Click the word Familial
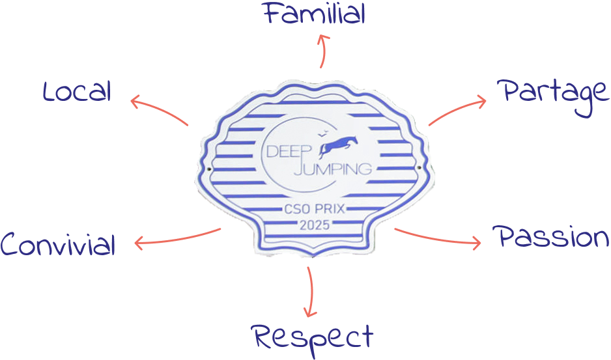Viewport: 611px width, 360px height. click(314, 13)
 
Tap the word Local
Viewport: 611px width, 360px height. click(77, 92)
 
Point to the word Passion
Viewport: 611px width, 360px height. click(550, 236)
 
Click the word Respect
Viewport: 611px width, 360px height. click(313, 338)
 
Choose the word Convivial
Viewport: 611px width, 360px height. click(58, 244)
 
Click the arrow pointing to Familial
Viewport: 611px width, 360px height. click(322, 51)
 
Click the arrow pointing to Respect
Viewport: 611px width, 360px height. click(311, 292)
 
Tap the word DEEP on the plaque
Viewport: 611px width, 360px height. click(289, 151)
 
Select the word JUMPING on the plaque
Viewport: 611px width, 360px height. click(332, 169)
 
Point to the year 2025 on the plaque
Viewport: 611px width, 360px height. click(315, 225)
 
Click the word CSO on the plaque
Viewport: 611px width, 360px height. click(297, 209)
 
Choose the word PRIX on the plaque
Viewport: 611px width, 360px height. click(330, 209)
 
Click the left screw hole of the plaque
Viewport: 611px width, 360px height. click(209, 169)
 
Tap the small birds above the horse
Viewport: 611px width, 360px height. click(322, 134)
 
